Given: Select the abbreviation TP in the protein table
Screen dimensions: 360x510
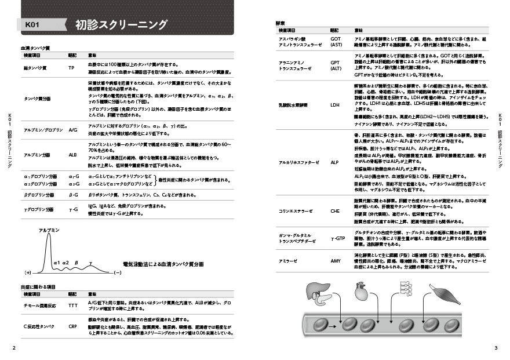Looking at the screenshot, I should tap(71, 67).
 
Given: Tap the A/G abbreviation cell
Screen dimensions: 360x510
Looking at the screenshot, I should tap(73, 130).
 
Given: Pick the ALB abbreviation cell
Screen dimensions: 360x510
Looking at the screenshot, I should tap(72, 155).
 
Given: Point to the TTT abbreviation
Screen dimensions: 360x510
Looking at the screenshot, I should tap(73, 305).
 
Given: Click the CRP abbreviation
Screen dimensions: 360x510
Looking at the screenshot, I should tap(73, 326).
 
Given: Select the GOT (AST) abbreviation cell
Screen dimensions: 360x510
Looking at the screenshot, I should tap(336, 42).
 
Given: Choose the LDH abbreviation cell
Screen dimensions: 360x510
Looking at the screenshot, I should tap(334, 106).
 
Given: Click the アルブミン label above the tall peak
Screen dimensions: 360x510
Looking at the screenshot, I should tap(49, 230).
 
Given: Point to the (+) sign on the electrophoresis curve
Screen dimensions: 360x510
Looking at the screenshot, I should tap(27, 272).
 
